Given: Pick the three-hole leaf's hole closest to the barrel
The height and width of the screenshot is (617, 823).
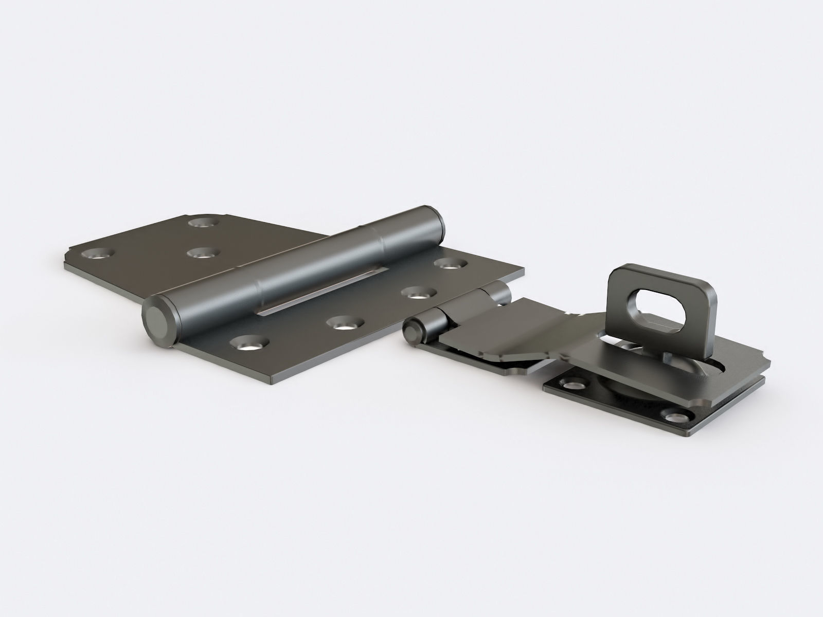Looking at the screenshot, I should (x=201, y=252).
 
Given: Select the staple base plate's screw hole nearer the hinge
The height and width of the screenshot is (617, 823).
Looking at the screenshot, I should (x=571, y=386).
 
